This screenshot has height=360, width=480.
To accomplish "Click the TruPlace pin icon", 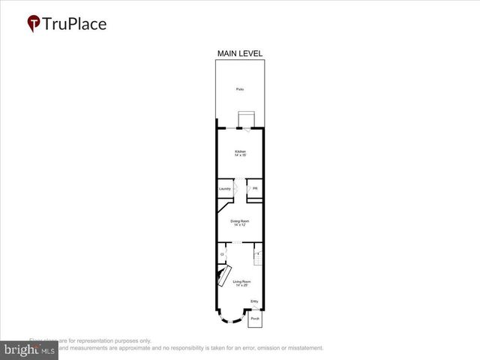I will [x=34, y=24].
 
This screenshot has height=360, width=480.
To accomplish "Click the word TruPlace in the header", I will [x=74, y=24].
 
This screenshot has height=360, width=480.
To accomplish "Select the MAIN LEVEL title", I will [x=240, y=53].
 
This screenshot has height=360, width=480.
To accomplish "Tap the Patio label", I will [x=240, y=89].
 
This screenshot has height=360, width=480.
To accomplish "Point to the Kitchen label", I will [x=240, y=151].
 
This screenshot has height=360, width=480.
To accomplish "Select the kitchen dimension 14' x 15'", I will [x=240, y=156].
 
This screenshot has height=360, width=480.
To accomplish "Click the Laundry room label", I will [x=225, y=188].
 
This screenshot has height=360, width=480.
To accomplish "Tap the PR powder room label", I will [x=255, y=188].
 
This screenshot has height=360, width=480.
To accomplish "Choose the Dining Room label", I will [x=240, y=221].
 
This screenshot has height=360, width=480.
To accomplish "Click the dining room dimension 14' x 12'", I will [x=240, y=226].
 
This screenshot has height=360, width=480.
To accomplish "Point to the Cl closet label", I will [x=222, y=255].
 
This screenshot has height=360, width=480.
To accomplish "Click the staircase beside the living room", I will [x=258, y=254].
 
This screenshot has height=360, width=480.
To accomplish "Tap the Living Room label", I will [x=242, y=281].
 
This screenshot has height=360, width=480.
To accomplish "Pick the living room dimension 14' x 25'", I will [x=242, y=286].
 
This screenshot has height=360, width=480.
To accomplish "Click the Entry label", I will [x=254, y=301].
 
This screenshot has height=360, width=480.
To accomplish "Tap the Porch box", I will [x=255, y=319].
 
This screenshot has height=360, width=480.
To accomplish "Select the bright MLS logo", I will [x=28, y=350].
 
